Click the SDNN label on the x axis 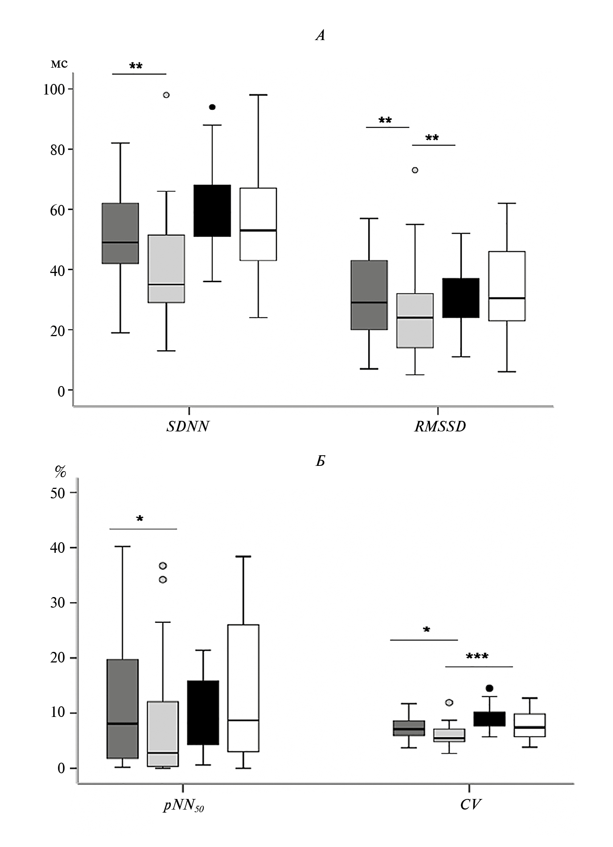click(x=188, y=427)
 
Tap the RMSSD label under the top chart click(x=440, y=427)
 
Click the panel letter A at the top click(x=320, y=36)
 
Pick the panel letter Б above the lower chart click(x=320, y=461)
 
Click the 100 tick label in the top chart click(x=54, y=89)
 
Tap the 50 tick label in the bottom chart click(x=58, y=493)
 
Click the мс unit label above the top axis click(x=59, y=64)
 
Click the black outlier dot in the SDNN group click(x=212, y=107)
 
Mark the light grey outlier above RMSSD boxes click(x=415, y=170)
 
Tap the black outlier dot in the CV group click(x=489, y=688)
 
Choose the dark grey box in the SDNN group click(x=120, y=233)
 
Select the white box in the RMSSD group click(x=507, y=286)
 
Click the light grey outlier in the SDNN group click(x=166, y=95)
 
